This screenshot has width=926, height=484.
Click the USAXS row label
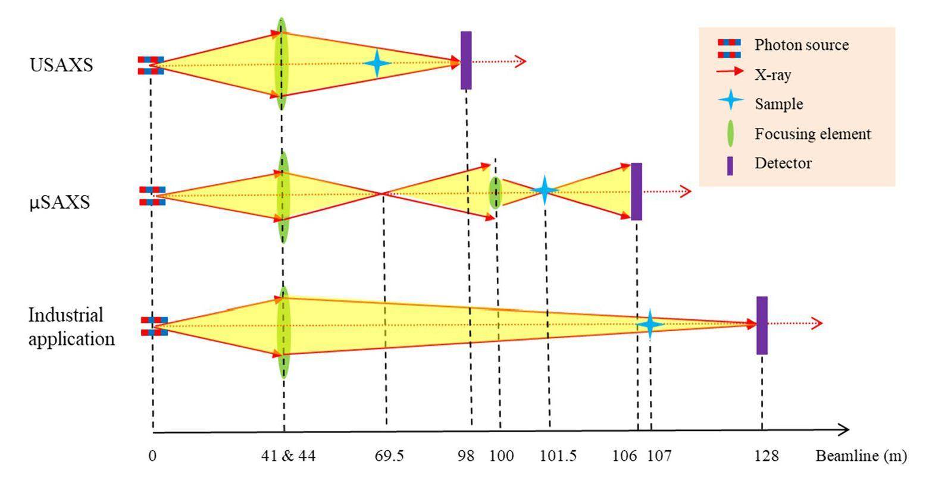point(61,64)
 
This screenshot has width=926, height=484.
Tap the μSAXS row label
point(60,202)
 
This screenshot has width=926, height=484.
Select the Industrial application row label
point(71,326)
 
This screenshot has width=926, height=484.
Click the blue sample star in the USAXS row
point(376,63)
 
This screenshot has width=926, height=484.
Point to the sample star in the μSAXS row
point(544,191)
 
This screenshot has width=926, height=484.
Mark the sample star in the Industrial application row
point(649,324)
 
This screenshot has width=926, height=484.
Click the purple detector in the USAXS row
point(466,60)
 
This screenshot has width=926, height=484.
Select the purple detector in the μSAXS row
point(636,191)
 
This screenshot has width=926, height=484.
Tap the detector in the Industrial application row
point(762,325)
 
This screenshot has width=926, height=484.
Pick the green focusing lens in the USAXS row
point(281,63)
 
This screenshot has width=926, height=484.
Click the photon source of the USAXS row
point(151,65)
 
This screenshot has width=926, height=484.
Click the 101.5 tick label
point(558,456)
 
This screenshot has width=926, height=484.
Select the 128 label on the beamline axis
point(767,456)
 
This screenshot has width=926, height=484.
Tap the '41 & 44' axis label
point(289,456)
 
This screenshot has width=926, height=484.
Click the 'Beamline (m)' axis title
point(861,456)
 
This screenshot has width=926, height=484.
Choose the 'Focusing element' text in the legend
point(812,134)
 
